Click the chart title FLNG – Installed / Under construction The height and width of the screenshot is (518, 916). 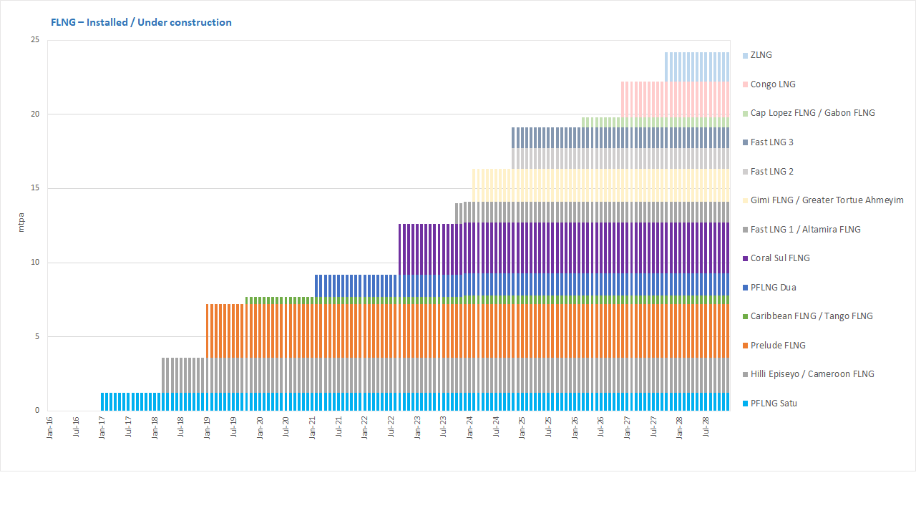coord(141,22)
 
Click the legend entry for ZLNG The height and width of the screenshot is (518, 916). coord(761,55)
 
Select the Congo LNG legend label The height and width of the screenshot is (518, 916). coord(773,84)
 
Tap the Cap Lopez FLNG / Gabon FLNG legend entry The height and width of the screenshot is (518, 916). coord(812,113)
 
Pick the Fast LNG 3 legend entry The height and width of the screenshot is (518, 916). coord(771,142)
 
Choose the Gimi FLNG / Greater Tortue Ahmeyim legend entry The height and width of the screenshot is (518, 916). coord(827,200)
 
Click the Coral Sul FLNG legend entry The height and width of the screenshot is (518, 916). coord(780,258)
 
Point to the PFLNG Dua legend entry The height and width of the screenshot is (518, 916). coord(773,288)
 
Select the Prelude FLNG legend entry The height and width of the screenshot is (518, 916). coord(778,346)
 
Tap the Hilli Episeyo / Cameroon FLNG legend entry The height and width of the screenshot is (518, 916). coord(812,374)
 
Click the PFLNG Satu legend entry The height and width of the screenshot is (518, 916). coord(774,404)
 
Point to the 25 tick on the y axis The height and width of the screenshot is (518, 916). coord(35,40)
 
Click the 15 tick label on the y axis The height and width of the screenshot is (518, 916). coord(35,188)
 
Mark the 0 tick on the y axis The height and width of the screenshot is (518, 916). coord(37,411)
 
